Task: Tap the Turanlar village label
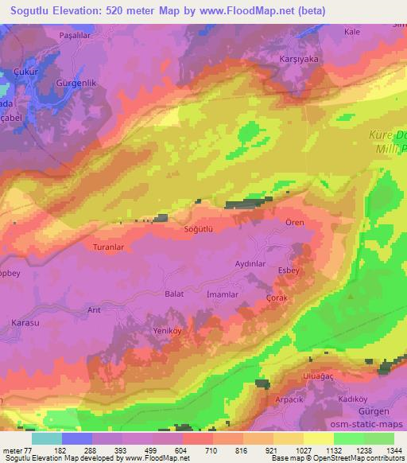[109, 247]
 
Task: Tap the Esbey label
[288, 271]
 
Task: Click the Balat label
[173, 294]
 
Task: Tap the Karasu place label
[26, 322]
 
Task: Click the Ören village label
[295, 223]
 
